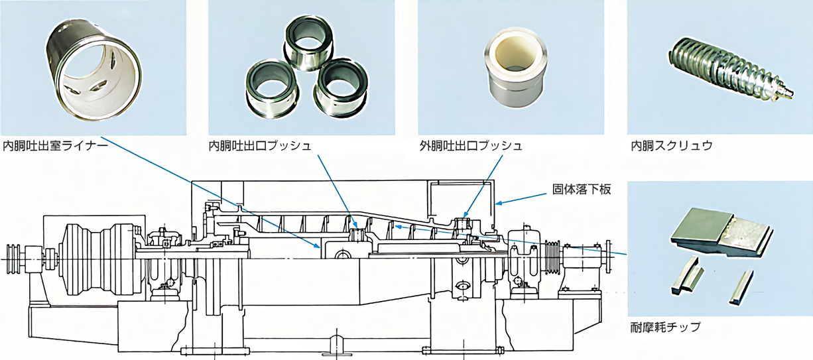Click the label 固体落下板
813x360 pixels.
click(582, 190)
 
